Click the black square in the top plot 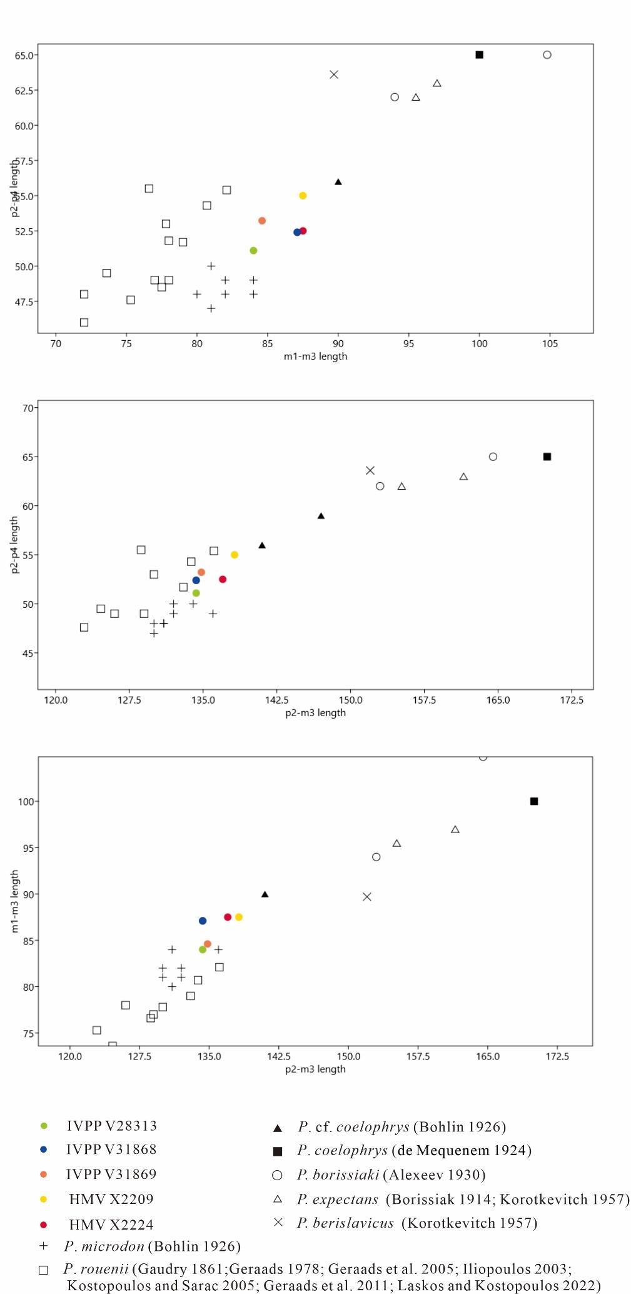pyautogui.click(x=479, y=55)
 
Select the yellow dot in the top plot pyautogui.click(x=303, y=196)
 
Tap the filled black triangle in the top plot pyautogui.click(x=338, y=182)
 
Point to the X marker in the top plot pyautogui.click(x=334, y=74)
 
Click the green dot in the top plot pyautogui.click(x=253, y=251)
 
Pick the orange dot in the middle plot pyautogui.click(x=201, y=572)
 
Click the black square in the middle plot pyautogui.click(x=547, y=457)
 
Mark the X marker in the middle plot pyautogui.click(x=370, y=470)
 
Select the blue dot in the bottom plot pyautogui.click(x=203, y=921)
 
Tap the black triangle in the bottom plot pyautogui.click(x=265, y=894)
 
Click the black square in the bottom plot pyautogui.click(x=534, y=801)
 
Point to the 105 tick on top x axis pyautogui.click(x=550, y=343)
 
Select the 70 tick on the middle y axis pyautogui.click(x=28, y=408)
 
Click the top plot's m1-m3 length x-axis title pyautogui.click(x=315, y=356)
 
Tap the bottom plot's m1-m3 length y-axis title pyautogui.click(x=15, y=901)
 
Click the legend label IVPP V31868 pyautogui.click(x=111, y=1150)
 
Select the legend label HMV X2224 pyautogui.click(x=111, y=1225)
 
